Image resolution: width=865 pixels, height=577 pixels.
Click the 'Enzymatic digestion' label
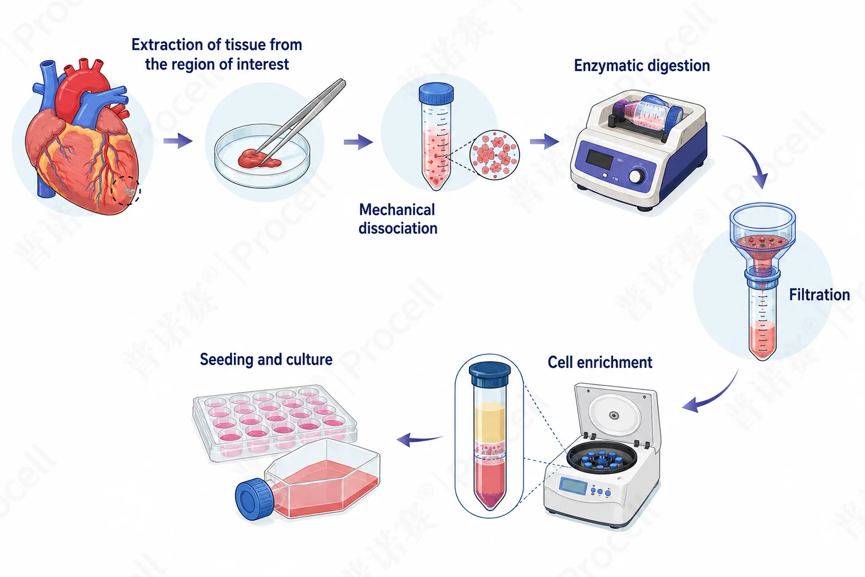click(642, 66)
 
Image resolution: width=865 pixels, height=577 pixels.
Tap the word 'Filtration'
click(819, 295)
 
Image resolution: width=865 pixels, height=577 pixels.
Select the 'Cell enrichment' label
click(600, 362)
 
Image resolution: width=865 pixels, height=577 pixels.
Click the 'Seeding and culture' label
click(266, 359)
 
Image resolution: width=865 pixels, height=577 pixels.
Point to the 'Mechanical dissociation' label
click(398, 219)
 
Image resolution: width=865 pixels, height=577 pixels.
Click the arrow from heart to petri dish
click(178, 141)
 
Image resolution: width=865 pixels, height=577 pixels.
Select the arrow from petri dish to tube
click(358, 142)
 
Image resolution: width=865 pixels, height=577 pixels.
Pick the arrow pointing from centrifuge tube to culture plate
click(419, 440)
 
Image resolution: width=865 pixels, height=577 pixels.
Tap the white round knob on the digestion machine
click(637, 176)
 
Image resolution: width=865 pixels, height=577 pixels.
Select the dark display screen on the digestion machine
click(600, 159)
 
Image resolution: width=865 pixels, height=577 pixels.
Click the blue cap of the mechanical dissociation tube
click(436, 93)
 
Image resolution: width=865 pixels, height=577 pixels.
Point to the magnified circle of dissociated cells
click(494, 155)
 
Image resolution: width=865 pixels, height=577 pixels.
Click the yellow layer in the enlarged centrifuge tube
click(490, 421)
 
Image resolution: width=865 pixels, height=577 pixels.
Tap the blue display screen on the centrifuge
click(573, 486)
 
